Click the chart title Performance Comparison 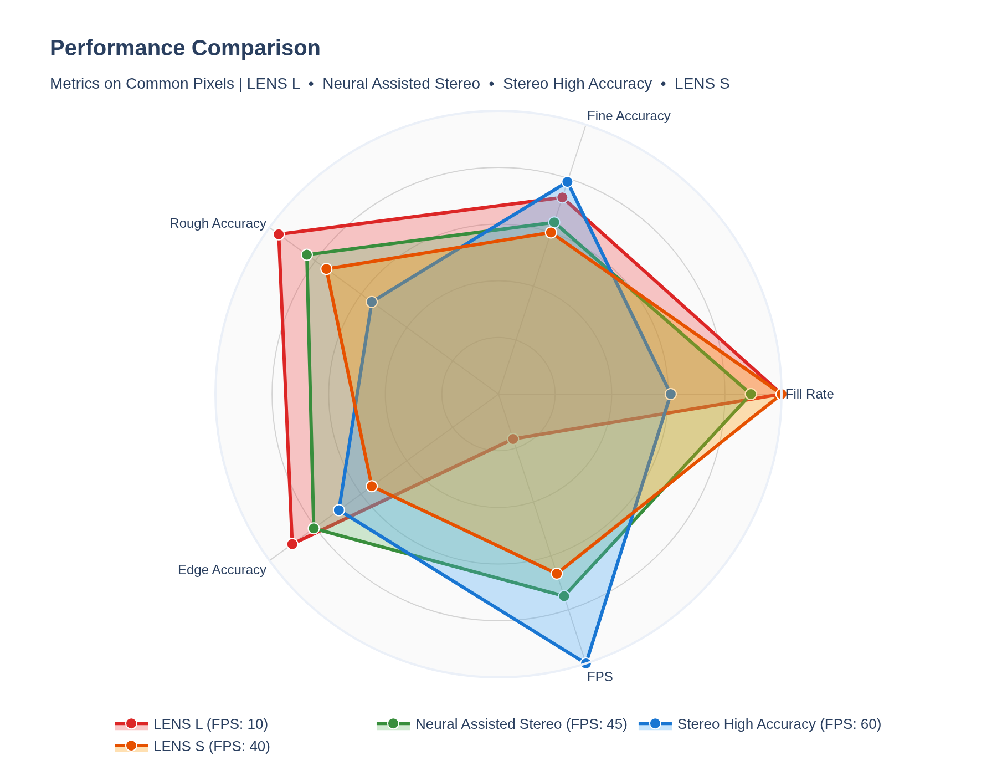pyautogui.click(x=185, y=48)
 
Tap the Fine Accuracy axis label pyautogui.click(x=628, y=116)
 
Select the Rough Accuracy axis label pyautogui.click(x=218, y=223)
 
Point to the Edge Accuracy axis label pyautogui.click(x=222, y=570)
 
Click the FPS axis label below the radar pyautogui.click(x=600, y=677)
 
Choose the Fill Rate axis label pyautogui.click(x=809, y=394)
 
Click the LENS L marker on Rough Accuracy pyautogui.click(x=279, y=234)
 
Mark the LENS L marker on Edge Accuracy pyautogui.click(x=292, y=544)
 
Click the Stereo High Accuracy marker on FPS pyautogui.click(x=586, y=662)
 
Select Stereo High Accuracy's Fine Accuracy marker pyautogui.click(x=567, y=182)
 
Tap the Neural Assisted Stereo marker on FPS pyautogui.click(x=564, y=596)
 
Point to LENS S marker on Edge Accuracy pyautogui.click(x=372, y=486)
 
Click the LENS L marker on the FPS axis pyautogui.click(x=513, y=439)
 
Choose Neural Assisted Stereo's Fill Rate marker pyautogui.click(x=751, y=394)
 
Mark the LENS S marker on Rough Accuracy pyautogui.click(x=326, y=269)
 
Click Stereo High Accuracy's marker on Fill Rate pyautogui.click(x=671, y=394)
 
